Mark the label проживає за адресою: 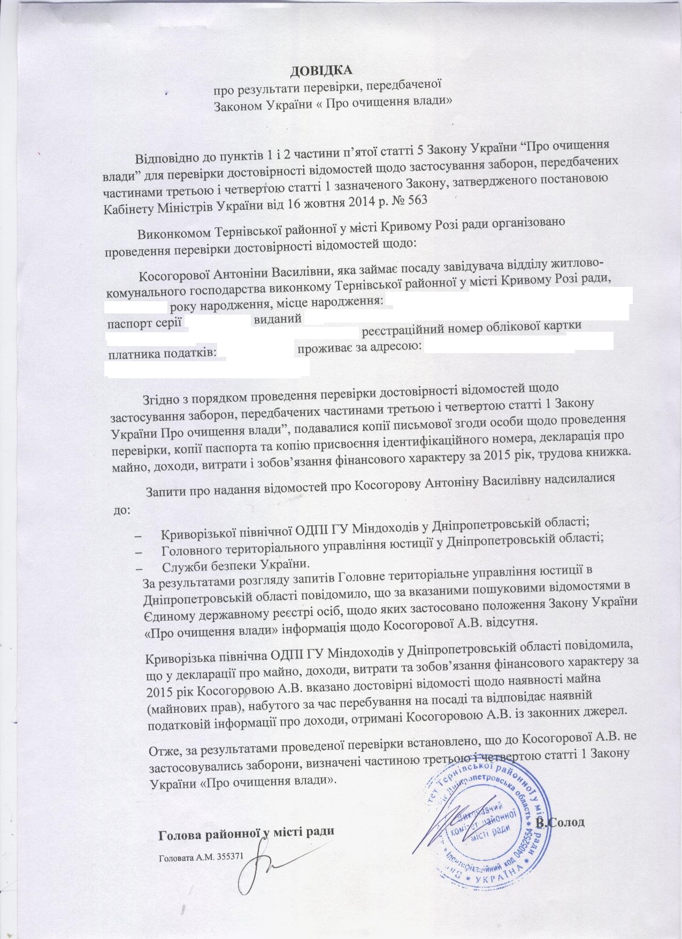[x=359, y=347]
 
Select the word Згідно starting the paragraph [x=160, y=399]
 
